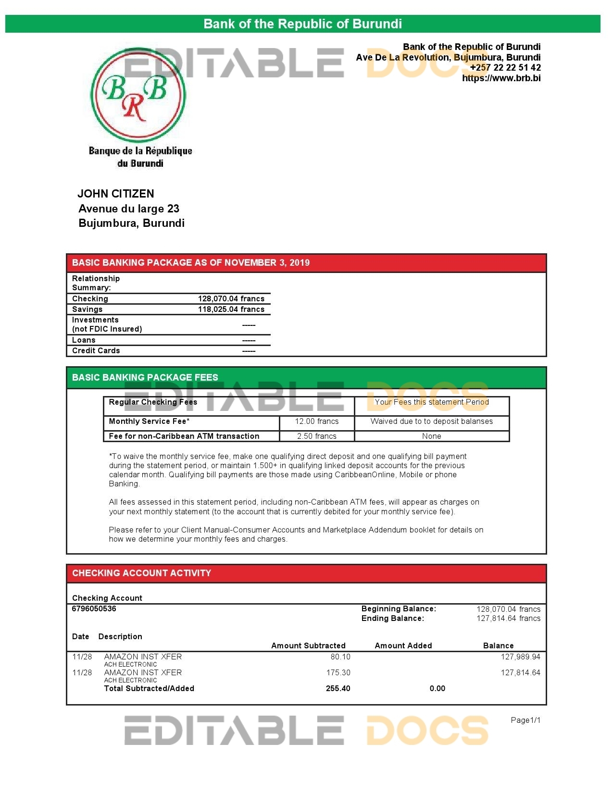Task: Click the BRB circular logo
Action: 138,94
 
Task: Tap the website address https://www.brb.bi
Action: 501,78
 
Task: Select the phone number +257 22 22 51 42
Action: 505,67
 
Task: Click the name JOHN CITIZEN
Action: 116,194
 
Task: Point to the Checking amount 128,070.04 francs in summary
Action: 231,298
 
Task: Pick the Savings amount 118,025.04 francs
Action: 231,309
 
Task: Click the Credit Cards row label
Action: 96,350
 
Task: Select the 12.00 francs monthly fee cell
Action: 316,421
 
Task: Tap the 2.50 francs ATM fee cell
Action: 316,436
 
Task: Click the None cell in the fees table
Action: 431,436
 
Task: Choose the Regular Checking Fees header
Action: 153,402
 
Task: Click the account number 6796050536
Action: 94,608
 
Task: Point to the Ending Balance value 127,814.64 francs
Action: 508,619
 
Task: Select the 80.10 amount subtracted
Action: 340,657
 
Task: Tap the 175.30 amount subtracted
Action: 338,672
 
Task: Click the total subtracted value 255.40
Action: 338,688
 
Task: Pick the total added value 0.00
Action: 437,688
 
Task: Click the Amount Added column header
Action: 403,645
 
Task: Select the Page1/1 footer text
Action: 525,720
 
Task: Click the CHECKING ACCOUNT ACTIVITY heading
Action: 141,573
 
